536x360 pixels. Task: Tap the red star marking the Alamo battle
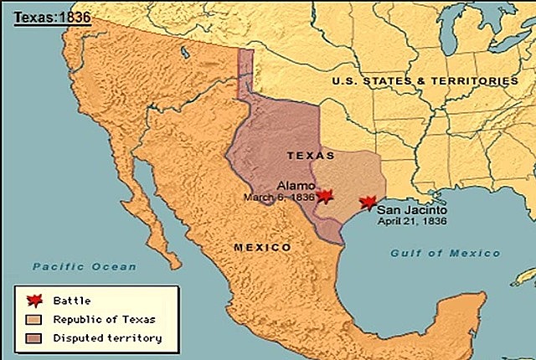click(325, 195)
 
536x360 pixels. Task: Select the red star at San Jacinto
click(366, 203)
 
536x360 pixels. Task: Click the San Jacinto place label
click(410, 211)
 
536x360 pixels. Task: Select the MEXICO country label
click(262, 248)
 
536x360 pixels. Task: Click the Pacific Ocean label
click(84, 266)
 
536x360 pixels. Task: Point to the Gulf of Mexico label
click(445, 253)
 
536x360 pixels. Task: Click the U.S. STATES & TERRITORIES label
click(425, 81)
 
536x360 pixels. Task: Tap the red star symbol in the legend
click(33, 300)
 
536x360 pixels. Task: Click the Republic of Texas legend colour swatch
click(33, 319)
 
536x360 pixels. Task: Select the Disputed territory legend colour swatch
click(33, 338)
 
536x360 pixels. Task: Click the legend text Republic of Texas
click(104, 319)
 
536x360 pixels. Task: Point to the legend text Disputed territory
click(106, 338)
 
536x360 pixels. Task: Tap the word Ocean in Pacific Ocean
click(117, 266)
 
